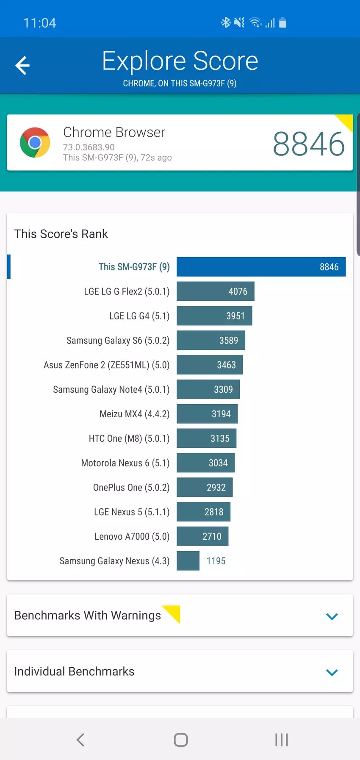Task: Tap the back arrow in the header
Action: coord(22,65)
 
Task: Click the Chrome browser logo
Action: coord(35,142)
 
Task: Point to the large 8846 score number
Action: coord(308,144)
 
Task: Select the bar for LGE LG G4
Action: coord(214,316)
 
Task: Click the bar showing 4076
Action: coord(216,291)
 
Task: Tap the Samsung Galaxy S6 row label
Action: coord(118,341)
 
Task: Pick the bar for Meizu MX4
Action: coord(207,414)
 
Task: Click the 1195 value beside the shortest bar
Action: coord(216,561)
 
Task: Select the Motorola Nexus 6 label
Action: coord(125,463)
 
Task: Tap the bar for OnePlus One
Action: coord(205,488)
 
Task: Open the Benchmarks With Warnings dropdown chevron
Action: coord(332,616)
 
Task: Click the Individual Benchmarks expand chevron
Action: coord(332,672)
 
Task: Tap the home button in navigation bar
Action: coord(181,740)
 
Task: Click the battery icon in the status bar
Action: coord(283,23)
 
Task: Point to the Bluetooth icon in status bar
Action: coord(225,22)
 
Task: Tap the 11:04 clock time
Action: coord(40,23)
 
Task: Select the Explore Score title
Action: coord(180,61)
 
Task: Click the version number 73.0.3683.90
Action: coord(89,147)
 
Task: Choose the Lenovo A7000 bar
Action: coord(202,536)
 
